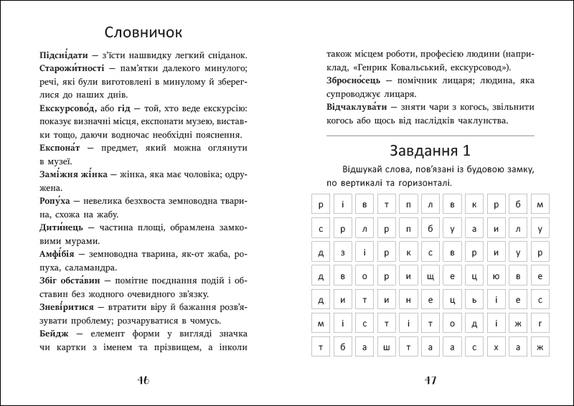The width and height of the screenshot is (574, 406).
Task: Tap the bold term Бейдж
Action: (x=54, y=334)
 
